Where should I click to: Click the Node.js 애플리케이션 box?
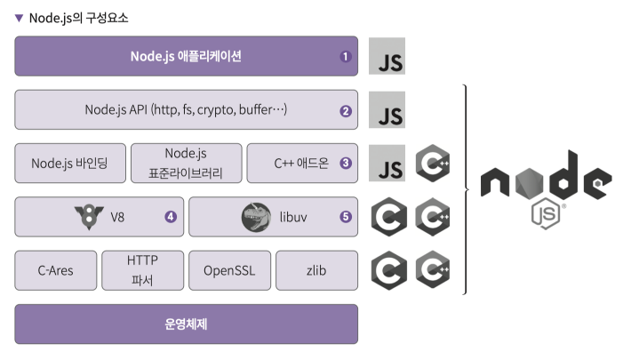click(x=186, y=56)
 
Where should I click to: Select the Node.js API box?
click(x=186, y=110)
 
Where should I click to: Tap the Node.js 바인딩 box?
click(x=69, y=164)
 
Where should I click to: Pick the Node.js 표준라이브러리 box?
click(x=186, y=164)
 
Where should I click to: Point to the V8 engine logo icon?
click(x=85, y=217)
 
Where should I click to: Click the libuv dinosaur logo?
click(x=256, y=217)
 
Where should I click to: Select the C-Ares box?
click(x=55, y=270)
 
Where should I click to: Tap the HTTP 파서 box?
click(x=142, y=270)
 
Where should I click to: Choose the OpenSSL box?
click(x=229, y=270)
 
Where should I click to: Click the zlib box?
click(x=316, y=270)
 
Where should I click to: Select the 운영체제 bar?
click(x=186, y=324)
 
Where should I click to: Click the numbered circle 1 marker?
click(x=346, y=56)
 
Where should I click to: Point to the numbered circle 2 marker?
click(x=346, y=111)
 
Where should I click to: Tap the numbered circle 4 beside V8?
click(x=170, y=216)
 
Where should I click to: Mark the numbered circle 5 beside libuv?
click(x=346, y=216)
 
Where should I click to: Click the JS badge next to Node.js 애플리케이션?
click(x=387, y=57)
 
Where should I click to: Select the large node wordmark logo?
click(x=545, y=180)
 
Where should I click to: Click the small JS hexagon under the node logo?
click(x=543, y=215)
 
